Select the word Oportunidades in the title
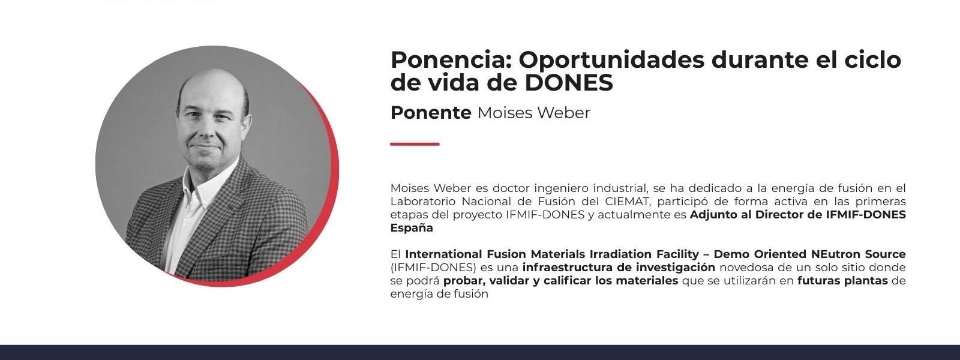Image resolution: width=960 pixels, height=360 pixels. point(611,61)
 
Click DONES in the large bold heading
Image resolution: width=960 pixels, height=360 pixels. point(569,83)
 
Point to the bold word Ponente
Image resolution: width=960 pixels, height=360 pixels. point(431,113)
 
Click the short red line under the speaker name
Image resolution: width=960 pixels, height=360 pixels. point(415,144)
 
